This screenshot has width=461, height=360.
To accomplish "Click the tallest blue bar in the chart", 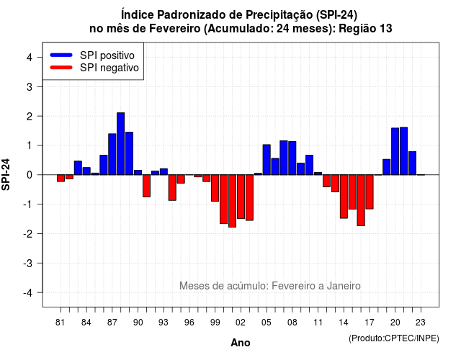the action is (120, 144).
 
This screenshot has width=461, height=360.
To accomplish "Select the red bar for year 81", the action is (61, 178).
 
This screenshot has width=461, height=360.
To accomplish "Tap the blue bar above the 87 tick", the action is (112, 154).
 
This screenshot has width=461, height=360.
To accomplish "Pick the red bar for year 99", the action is (215, 188).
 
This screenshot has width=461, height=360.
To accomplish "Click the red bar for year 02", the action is (241, 197).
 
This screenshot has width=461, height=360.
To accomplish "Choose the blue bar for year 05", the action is (267, 160).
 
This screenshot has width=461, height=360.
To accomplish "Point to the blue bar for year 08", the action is (292, 158).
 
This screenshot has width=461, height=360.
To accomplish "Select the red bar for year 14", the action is (344, 197).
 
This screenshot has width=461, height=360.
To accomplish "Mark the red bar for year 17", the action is (370, 192).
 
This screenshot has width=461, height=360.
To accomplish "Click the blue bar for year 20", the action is (395, 151).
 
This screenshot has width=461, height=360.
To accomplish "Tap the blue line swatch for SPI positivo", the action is (61, 55).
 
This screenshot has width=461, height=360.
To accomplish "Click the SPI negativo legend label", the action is (109, 68).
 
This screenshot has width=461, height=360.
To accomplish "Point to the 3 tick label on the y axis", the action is (30, 86).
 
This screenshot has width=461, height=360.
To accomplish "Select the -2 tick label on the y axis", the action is (28, 233).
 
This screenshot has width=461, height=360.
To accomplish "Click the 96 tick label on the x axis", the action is (189, 323).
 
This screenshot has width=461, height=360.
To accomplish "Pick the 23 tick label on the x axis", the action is (421, 323).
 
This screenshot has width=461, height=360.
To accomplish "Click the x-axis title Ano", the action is (241, 343).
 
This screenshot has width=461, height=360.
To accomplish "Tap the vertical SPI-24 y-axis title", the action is (6, 174).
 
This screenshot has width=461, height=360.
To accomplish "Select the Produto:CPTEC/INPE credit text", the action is (394, 338).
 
